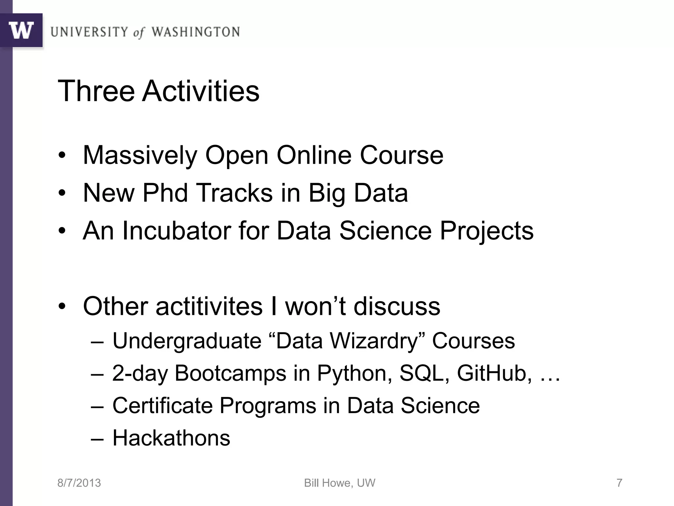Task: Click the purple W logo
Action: (x=21, y=30)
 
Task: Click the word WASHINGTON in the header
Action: (x=195, y=32)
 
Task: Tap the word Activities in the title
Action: (x=201, y=91)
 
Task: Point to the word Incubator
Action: (x=176, y=231)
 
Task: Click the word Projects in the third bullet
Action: (x=486, y=231)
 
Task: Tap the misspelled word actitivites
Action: (x=209, y=306)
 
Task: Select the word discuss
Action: (x=397, y=306)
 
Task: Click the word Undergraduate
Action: (x=187, y=341)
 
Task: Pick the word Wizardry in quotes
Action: (x=374, y=341)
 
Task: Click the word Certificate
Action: (x=162, y=406)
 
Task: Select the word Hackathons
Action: (x=171, y=438)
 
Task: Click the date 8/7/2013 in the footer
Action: (x=79, y=483)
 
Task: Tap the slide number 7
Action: (x=619, y=483)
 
